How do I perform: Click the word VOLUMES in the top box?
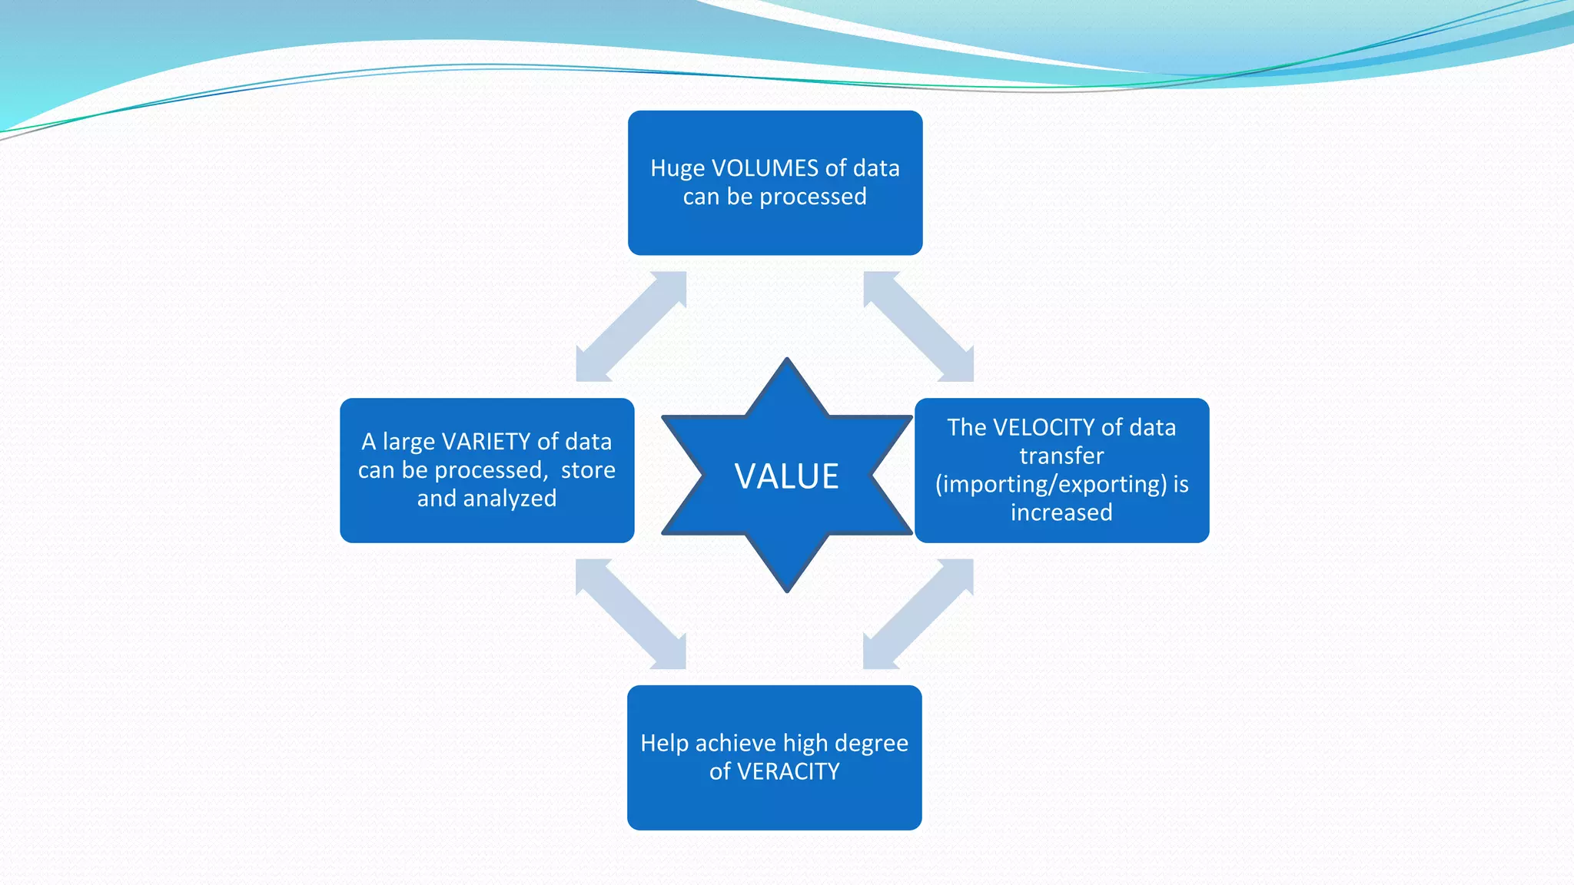[765, 168]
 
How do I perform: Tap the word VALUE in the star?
[786, 476]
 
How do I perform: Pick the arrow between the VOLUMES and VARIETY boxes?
[631, 326]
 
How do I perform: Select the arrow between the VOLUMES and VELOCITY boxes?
[918, 326]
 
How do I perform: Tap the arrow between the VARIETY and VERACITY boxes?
[631, 614]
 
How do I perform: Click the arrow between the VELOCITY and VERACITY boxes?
[918, 614]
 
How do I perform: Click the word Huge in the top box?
[677, 168]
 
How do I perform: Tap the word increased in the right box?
[1061, 512]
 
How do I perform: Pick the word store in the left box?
[588, 470]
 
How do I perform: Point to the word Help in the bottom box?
[664, 743]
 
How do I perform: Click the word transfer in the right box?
[1061, 456]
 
